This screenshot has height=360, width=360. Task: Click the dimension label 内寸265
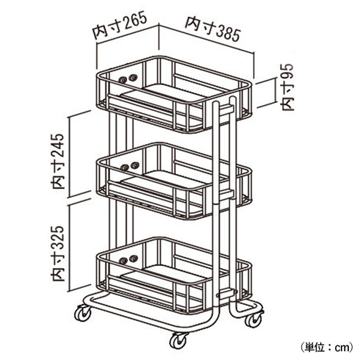(120, 26)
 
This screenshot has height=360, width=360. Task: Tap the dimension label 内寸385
(213, 29)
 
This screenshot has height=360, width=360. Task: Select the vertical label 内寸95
(287, 87)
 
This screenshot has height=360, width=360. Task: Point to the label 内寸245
(58, 161)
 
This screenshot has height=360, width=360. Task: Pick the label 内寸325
(58, 253)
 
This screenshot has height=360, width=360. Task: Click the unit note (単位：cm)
(327, 347)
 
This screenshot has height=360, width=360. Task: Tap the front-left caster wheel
(83, 313)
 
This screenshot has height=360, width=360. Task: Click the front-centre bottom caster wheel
(178, 340)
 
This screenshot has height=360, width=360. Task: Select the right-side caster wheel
(253, 319)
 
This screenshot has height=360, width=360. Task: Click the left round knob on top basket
(122, 79)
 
